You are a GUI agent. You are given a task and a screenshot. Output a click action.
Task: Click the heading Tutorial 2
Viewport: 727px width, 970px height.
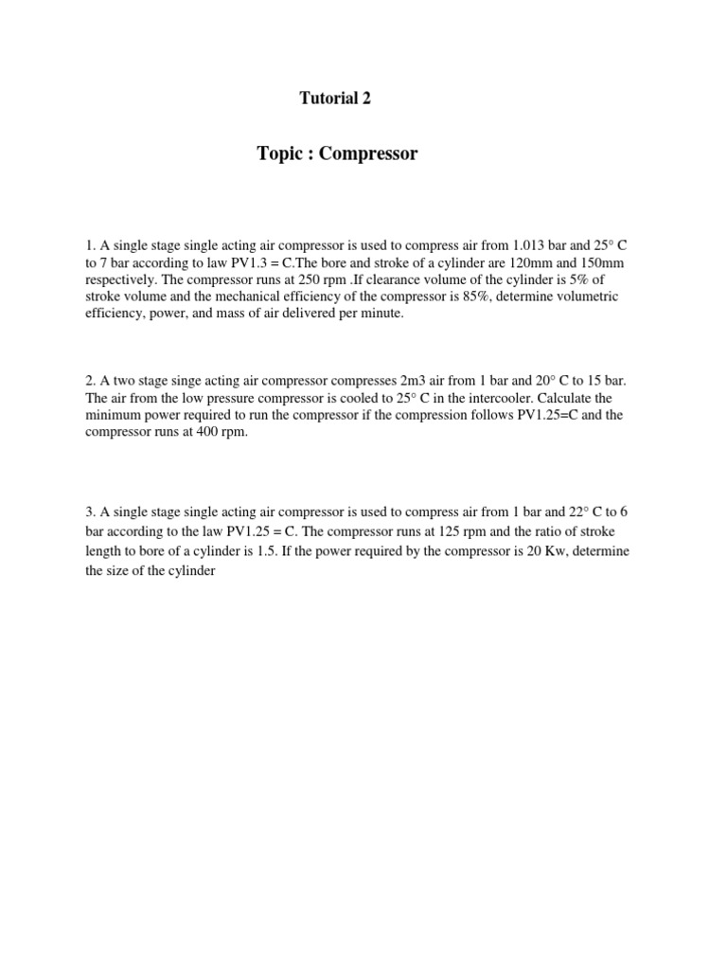coord(335,99)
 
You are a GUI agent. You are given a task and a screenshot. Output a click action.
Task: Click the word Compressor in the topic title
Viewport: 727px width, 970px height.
coord(368,153)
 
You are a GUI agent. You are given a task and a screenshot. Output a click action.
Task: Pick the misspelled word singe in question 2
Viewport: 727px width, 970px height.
coord(176,381)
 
